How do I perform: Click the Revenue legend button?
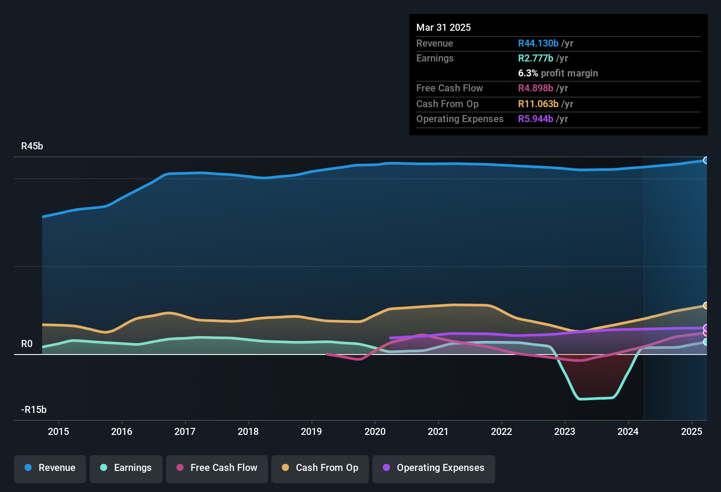coord(50,468)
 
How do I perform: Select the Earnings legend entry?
coord(126,468)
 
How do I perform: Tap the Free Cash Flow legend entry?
coord(217,468)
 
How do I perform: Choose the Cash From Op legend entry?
coord(320,468)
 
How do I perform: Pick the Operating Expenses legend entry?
coord(433,468)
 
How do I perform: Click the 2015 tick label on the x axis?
coord(58,431)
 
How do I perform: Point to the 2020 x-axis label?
coord(375,431)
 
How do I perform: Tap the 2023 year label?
coord(565,431)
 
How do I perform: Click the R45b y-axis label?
coord(32,146)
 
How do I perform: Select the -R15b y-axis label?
coord(34,410)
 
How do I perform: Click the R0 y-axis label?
coord(27,344)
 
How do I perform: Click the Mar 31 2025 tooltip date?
coord(443,28)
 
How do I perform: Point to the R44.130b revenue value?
coord(538,43)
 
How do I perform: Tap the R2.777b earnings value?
coord(536,58)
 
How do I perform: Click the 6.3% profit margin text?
coord(558,73)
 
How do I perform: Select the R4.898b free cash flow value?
coord(536,88)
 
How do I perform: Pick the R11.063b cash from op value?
coord(538,104)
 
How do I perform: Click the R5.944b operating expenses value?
coord(536,119)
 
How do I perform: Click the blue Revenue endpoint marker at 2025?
coord(706,160)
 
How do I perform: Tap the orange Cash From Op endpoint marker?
coord(706,305)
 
